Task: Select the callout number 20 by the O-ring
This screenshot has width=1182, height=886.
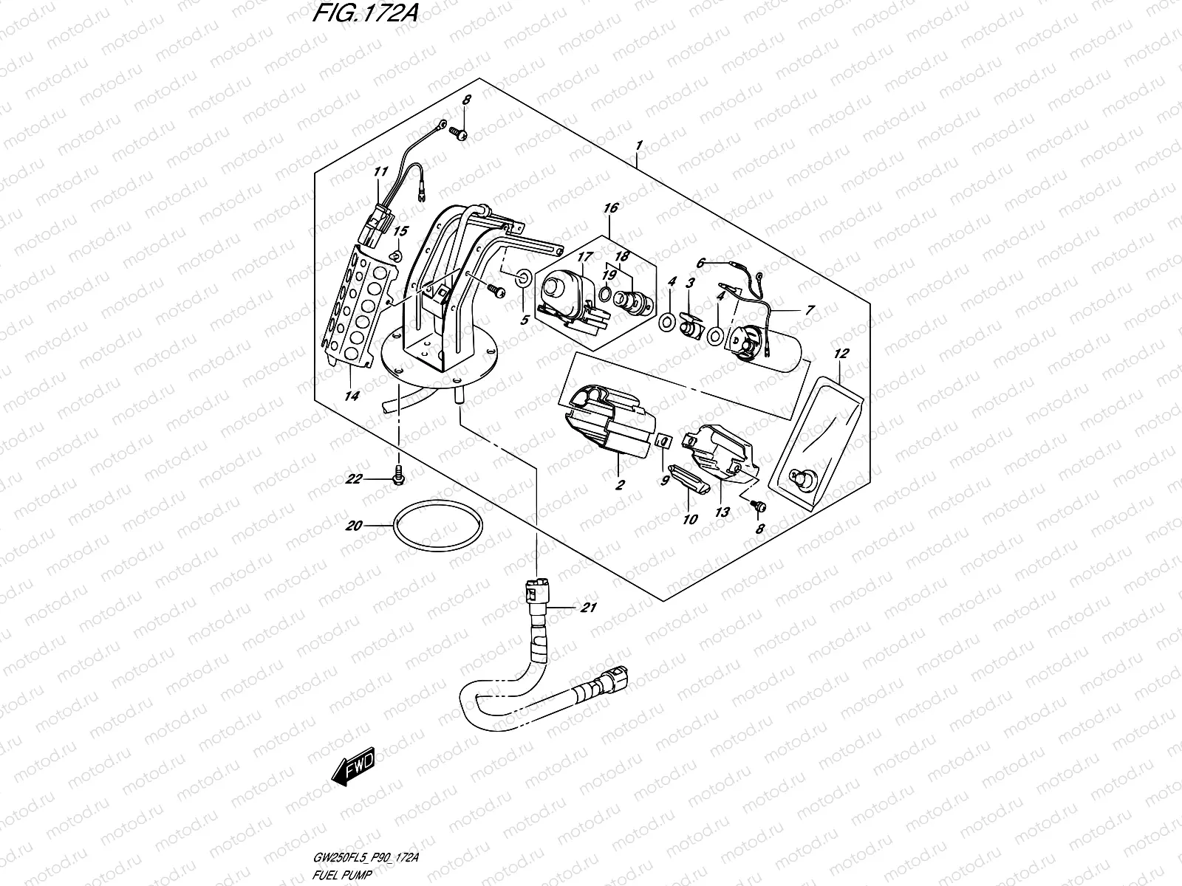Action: tap(354, 526)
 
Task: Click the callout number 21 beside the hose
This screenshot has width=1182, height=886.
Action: tap(588, 608)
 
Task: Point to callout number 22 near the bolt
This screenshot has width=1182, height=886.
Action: tap(354, 479)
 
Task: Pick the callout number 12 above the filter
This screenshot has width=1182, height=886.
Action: tap(841, 354)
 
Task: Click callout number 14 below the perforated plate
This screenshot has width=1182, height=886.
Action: tap(352, 396)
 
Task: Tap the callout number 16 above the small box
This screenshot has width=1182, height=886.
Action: tap(610, 209)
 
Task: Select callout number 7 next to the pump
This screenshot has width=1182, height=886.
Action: tap(809, 310)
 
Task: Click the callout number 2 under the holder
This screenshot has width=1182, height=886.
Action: tap(619, 485)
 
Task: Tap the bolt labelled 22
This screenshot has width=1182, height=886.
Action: tap(400, 473)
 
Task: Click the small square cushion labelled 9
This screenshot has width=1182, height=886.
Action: tap(663, 442)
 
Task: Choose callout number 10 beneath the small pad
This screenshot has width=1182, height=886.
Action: tap(690, 519)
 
